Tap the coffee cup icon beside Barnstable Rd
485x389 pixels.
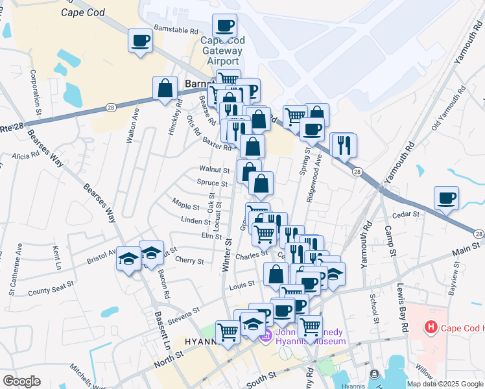140,41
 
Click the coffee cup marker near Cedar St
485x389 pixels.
446,198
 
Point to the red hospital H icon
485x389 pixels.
431,327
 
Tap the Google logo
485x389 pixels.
21,381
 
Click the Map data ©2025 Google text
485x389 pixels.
445,384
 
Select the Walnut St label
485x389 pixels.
215,170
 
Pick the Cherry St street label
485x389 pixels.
189,261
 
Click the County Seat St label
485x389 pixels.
47,291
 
